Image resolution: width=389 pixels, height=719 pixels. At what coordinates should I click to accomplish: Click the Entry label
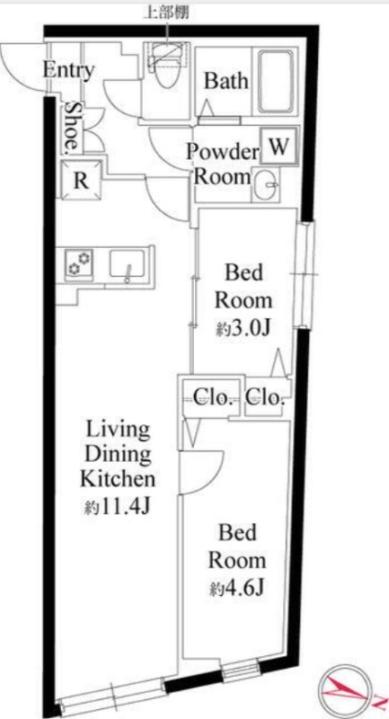pyautogui.click(x=69, y=71)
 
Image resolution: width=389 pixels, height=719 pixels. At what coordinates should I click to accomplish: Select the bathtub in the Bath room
pyautogui.click(x=276, y=82)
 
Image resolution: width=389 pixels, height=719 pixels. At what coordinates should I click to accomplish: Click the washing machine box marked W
pyautogui.click(x=279, y=147)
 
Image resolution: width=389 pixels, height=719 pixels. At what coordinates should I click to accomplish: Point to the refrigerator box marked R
pyautogui.click(x=81, y=181)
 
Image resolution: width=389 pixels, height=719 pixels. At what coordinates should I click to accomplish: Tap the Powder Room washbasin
pyautogui.click(x=267, y=184)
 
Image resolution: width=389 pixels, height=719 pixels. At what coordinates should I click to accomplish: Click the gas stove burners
pyautogui.click(x=79, y=263)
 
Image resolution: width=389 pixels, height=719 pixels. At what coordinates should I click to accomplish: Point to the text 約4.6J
pyautogui.click(x=236, y=589)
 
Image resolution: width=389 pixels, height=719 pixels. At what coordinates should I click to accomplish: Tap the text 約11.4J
pyautogui.click(x=118, y=507)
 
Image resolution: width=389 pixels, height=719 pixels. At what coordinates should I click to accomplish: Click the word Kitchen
pyautogui.click(x=118, y=480)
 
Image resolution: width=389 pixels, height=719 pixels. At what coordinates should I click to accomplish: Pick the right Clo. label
pyautogui.click(x=265, y=398)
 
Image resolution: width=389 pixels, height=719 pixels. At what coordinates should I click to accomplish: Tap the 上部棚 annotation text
pyautogui.click(x=166, y=13)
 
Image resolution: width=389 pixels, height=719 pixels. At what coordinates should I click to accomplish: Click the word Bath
pyautogui.click(x=226, y=81)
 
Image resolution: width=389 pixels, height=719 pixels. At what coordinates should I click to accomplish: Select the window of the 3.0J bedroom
pyautogui.click(x=305, y=274)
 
